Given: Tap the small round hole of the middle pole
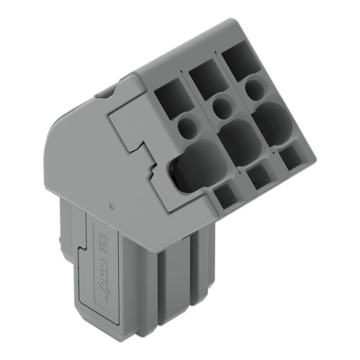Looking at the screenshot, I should click(222, 107).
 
